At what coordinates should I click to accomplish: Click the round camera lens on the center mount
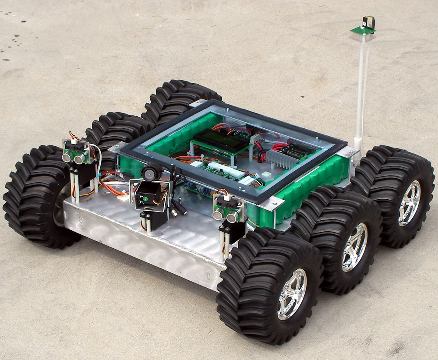(x=150, y=174)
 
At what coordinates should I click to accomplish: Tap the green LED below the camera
(x=145, y=199)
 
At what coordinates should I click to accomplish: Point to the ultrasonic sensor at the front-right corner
(x=227, y=210)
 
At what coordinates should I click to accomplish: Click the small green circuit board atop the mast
(x=363, y=30)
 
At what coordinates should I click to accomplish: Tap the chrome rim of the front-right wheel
(x=292, y=293)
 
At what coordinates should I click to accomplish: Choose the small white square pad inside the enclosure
(x=266, y=174)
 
